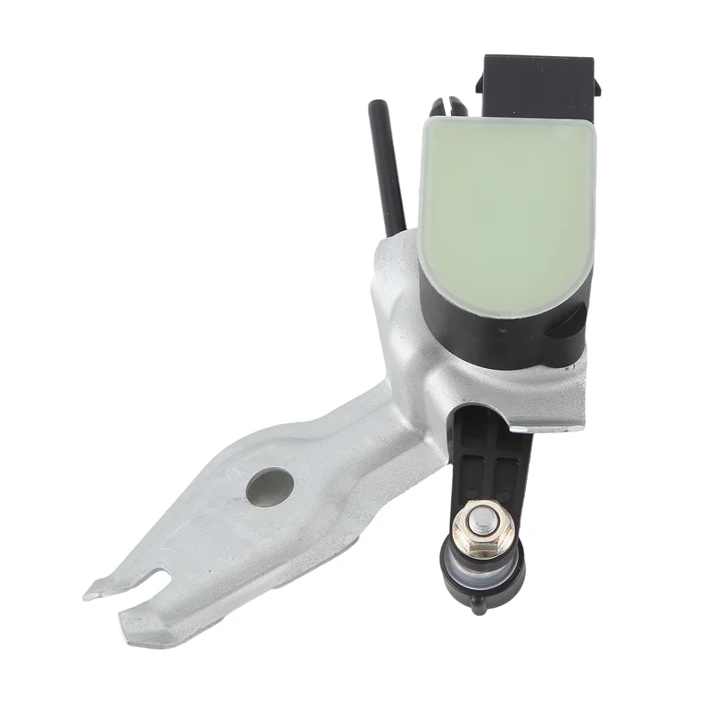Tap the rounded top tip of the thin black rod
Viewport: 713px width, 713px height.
[375, 106]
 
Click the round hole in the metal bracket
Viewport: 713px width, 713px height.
[270, 487]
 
